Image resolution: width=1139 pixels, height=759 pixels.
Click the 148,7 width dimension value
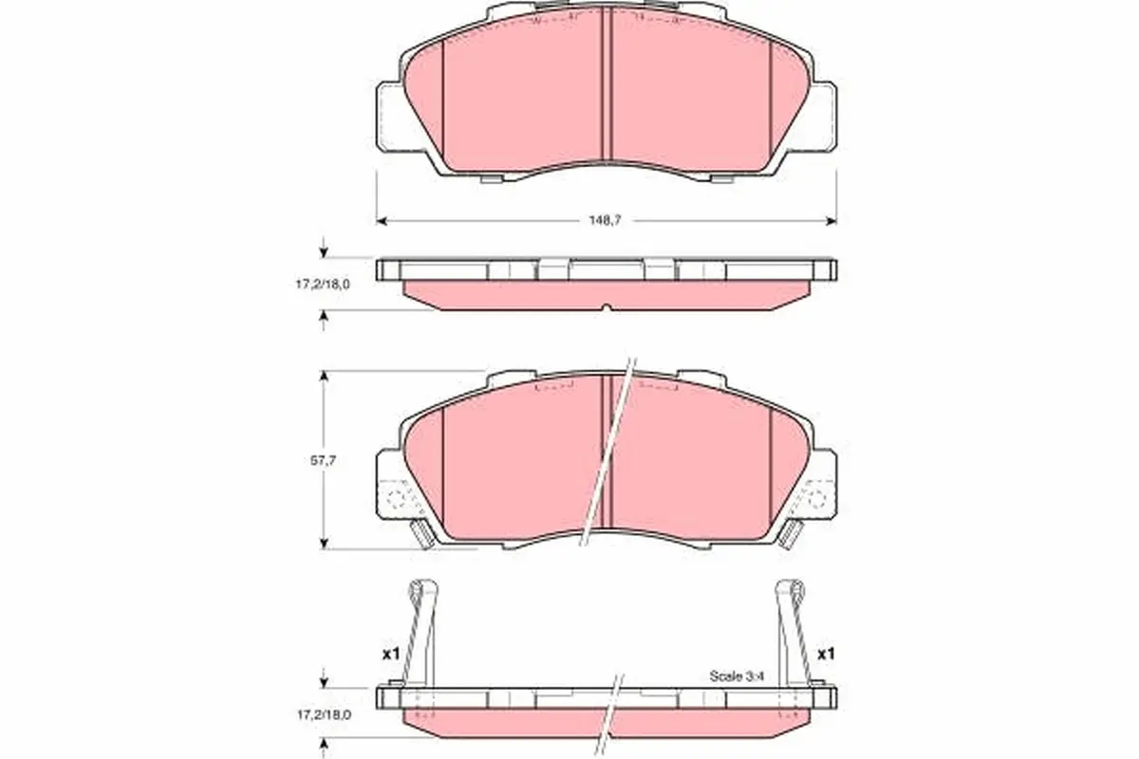606,220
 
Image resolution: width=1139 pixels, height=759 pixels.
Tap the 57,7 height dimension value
323,460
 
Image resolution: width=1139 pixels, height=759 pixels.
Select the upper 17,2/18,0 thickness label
323,285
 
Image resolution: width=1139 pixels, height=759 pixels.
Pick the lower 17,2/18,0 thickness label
324,714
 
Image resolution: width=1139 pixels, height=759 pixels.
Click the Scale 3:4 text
737,676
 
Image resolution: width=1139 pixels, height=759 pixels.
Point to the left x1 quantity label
391,655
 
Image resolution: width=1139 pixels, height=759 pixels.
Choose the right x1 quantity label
826,654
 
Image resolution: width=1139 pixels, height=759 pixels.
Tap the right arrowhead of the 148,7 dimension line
831,221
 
